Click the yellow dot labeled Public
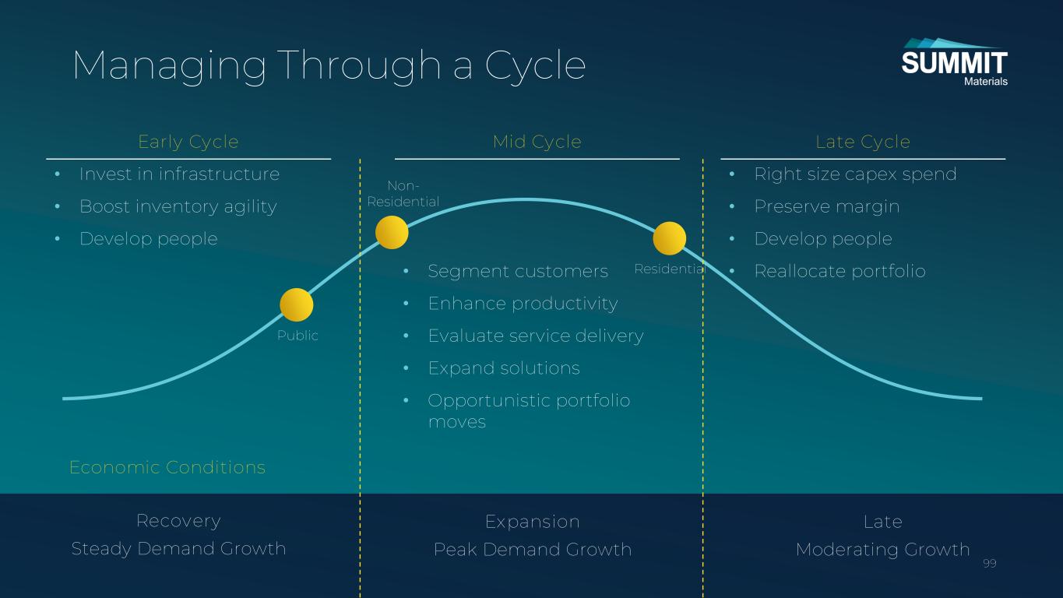click(x=297, y=304)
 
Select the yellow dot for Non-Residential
click(x=392, y=233)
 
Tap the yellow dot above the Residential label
click(x=670, y=238)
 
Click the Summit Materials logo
click(x=954, y=62)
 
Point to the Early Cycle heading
click(x=188, y=142)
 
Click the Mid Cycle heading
click(x=537, y=142)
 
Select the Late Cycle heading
click(x=863, y=142)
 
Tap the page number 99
click(x=990, y=564)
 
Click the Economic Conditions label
click(x=167, y=467)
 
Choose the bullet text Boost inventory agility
click(x=178, y=206)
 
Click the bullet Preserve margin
click(x=827, y=206)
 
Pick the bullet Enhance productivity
click(x=523, y=303)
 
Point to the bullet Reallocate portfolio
click(x=840, y=271)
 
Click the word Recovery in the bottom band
click(x=178, y=521)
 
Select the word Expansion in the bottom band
click(x=533, y=522)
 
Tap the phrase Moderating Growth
click(x=882, y=550)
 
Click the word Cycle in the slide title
click(x=535, y=65)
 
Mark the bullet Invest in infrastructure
click(x=179, y=174)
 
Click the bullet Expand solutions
click(x=504, y=368)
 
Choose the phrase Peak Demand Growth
click(x=533, y=550)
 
